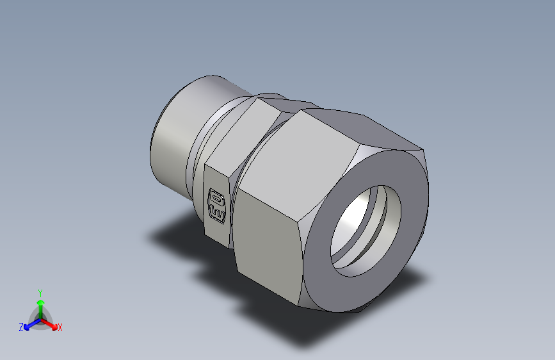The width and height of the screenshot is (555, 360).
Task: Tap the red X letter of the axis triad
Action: (60, 327)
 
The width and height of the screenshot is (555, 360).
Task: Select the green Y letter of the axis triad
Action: (40, 291)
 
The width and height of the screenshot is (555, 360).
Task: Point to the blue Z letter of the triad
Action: (21, 327)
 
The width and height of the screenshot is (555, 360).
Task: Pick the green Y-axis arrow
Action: (40, 302)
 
